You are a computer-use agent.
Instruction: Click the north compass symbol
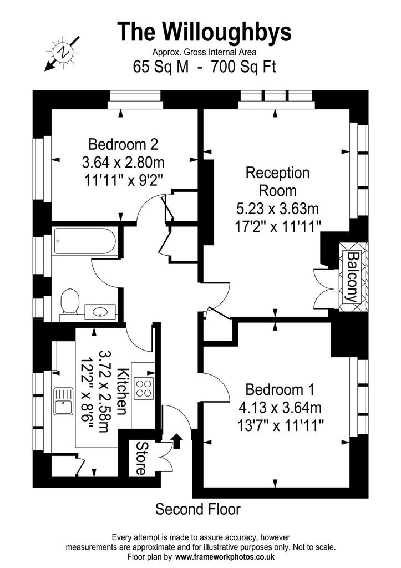tap(62, 53)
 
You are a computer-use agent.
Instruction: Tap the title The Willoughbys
tap(204, 31)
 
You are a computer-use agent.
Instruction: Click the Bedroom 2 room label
tap(123, 144)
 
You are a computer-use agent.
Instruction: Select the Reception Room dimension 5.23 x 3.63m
tap(277, 209)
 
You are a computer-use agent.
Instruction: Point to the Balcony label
tap(352, 277)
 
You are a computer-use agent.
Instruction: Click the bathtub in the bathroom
tap(85, 241)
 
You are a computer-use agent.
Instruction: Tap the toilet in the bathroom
tap(70, 301)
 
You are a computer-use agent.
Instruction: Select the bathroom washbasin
tap(100, 312)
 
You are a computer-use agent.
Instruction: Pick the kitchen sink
tap(63, 401)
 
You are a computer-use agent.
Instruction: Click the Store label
tap(141, 458)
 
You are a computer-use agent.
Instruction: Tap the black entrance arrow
tap(177, 441)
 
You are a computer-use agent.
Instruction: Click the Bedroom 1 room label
tap(280, 389)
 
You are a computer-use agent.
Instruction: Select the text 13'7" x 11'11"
tap(280, 424)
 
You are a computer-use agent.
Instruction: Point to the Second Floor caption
tap(198, 509)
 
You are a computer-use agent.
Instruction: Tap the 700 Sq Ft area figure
tap(243, 67)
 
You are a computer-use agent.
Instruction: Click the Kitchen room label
tap(123, 391)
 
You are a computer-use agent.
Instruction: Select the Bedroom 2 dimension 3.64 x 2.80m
tap(123, 163)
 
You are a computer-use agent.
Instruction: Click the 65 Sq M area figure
tap(161, 67)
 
